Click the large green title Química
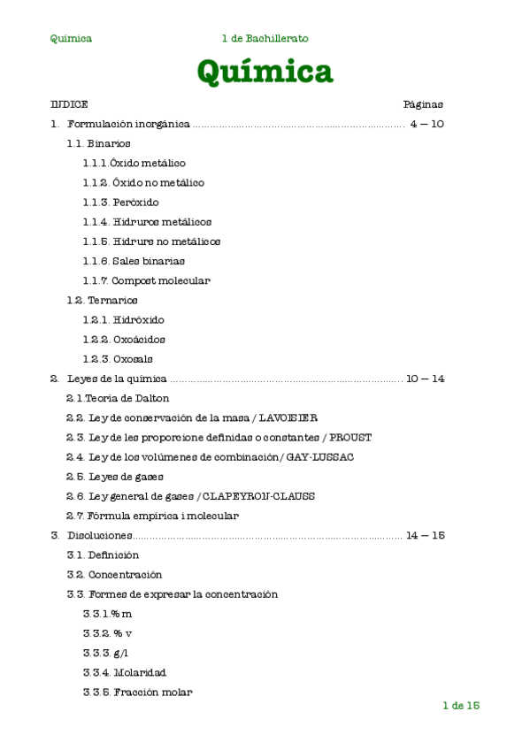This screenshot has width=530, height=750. point(265,72)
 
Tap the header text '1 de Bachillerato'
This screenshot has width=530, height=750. point(265,39)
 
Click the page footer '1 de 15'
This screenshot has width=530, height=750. point(460,706)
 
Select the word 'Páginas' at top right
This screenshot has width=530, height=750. point(423,104)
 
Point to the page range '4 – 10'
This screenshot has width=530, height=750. point(426,124)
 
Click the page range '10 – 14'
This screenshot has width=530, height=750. point(425,379)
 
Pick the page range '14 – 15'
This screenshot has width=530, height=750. point(425,536)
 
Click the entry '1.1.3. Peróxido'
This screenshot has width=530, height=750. point(121,203)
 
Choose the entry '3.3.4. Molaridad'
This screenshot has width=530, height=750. point(125,673)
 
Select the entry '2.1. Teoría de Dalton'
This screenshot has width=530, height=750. point(118,399)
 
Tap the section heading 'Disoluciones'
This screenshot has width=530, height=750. point(99,536)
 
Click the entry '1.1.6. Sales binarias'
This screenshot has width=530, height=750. point(134,261)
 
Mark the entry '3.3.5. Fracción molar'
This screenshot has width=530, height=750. point(137,693)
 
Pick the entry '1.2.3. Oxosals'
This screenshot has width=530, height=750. point(118,359)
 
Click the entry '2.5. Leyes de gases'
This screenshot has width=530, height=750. point(114,477)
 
